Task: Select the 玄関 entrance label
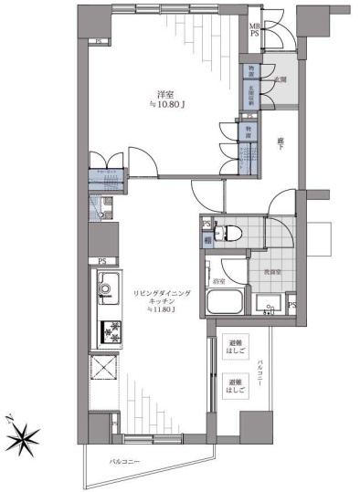(x=281, y=80)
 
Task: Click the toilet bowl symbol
(x=231, y=232)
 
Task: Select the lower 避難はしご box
(x=236, y=385)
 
